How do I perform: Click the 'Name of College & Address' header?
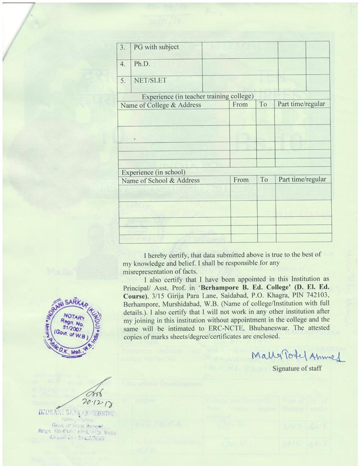[x=161, y=105]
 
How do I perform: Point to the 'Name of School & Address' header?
[x=161, y=180]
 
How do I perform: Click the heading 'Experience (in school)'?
[x=153, y=172]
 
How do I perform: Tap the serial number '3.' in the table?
[x=122, y=47]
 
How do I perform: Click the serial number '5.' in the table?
[x=122, y=80]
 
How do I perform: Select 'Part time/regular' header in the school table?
[x=302, y=180]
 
